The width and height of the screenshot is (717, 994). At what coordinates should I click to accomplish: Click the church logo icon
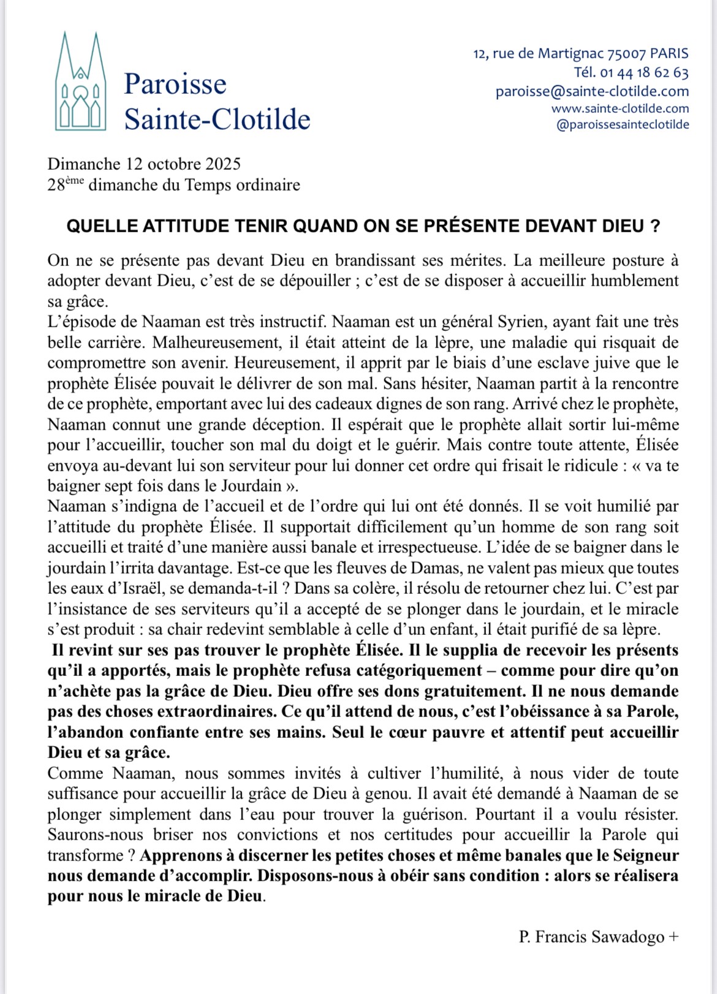coord(81,82)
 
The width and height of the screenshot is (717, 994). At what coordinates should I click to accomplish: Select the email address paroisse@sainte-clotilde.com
coord(592,91)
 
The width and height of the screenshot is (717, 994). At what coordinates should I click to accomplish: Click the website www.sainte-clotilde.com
coord(620,108)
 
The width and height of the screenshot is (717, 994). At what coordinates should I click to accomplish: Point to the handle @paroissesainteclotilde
coord(622,124)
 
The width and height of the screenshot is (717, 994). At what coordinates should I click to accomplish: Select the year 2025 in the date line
coord(223,164)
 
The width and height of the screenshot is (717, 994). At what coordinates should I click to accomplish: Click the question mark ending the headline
coord(656,226)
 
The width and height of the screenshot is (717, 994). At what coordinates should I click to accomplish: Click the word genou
coord(387,794)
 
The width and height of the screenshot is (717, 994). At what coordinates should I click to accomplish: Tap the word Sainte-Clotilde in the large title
coord(218,118)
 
